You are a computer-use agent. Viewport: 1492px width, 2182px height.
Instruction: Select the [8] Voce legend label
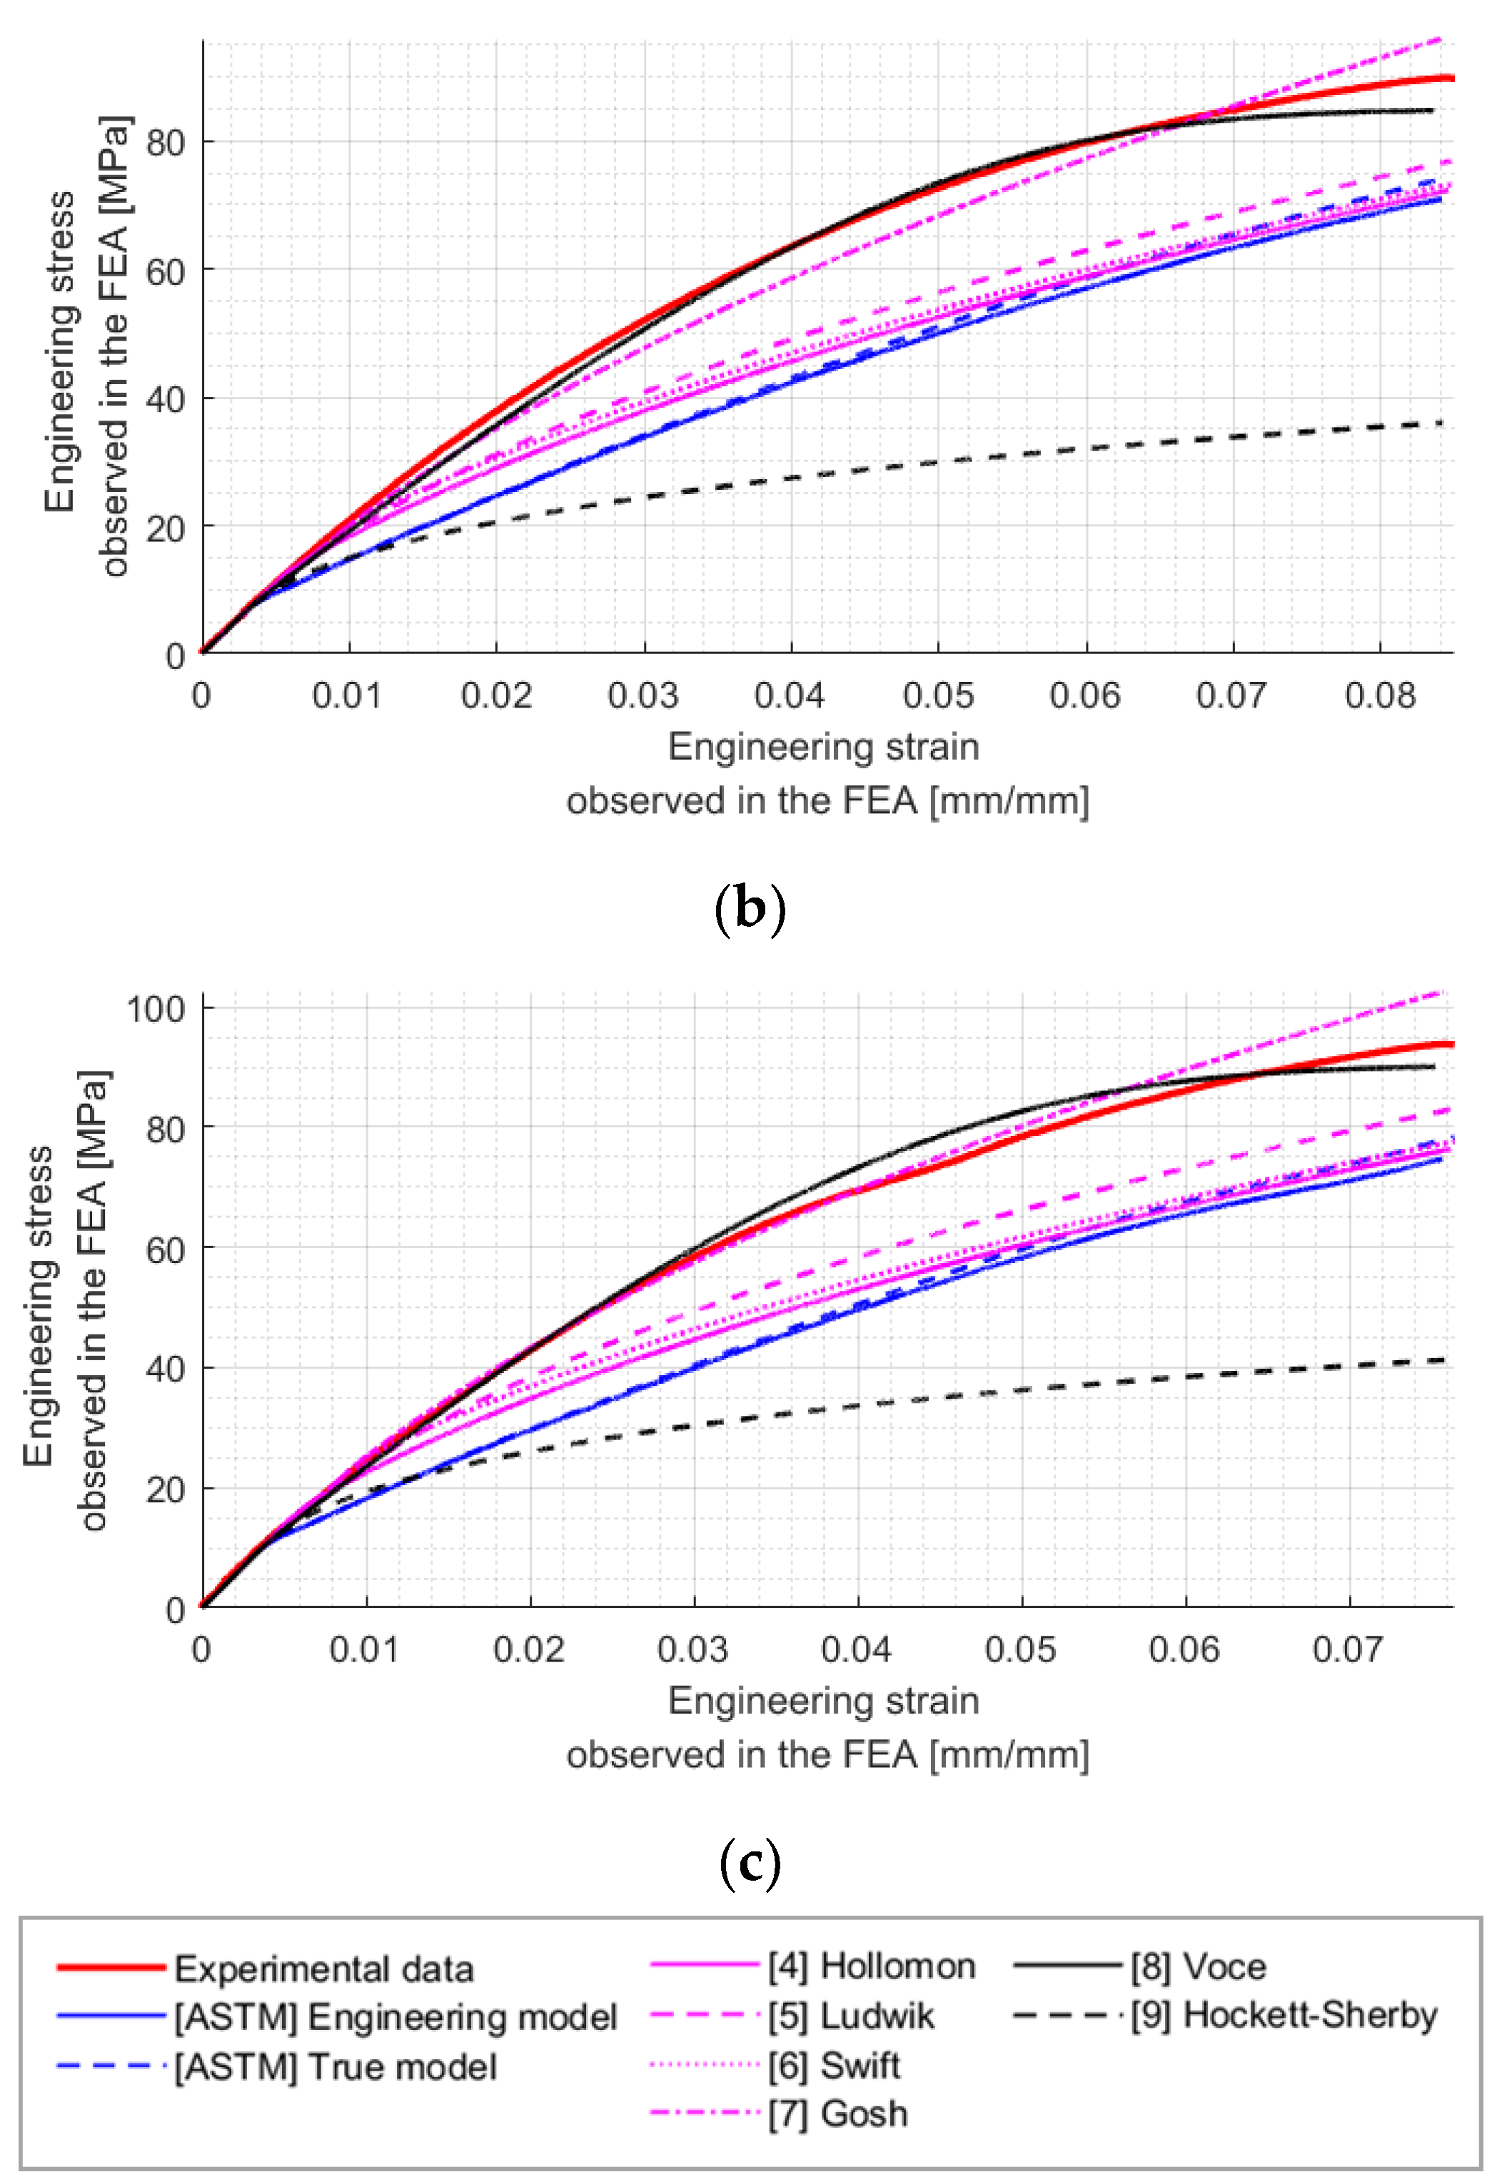coord(1198,1966)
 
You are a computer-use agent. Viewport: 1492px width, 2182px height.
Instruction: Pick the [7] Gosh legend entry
coord(837,2113)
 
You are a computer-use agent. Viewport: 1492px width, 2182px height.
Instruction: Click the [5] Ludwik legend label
coord(851,2016)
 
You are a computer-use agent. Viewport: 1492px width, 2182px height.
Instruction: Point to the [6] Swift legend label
coord(834,2065)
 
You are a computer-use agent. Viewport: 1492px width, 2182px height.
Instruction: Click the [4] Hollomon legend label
coord(872,1966)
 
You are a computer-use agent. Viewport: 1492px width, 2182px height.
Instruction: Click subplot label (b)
coord(750,909)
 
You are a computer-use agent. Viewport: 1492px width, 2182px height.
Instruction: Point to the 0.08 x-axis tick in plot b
coord(1378,695)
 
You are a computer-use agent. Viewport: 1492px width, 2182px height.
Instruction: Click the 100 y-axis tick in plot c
coord(156,1008)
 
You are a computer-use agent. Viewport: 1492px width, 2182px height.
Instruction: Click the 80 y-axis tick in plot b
coord(165,143)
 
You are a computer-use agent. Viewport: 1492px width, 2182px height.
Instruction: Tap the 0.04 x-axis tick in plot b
coord(790,695)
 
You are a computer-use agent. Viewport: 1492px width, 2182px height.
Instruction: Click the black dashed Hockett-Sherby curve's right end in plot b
coord(1441,424)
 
